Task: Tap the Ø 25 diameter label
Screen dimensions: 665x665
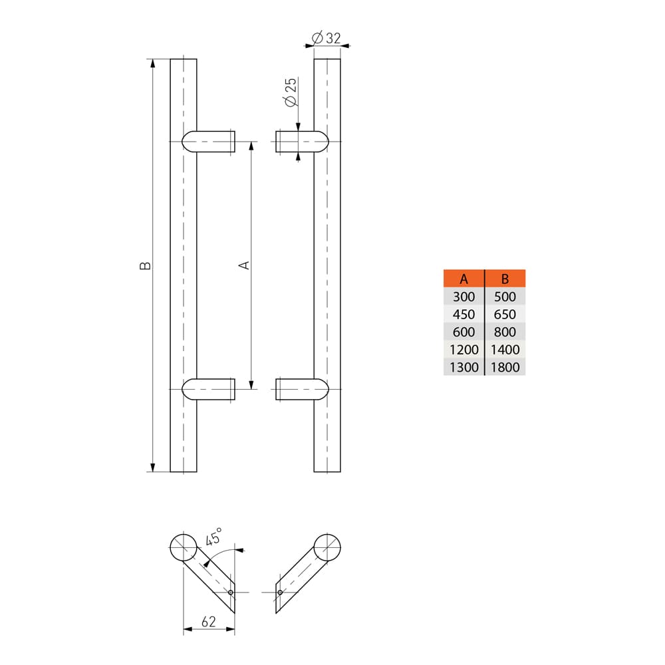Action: point(290,94)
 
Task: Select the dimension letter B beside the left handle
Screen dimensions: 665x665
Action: point(146,265)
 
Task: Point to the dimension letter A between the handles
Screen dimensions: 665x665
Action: point(244,265)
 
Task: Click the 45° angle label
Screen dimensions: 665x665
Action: point(214,536)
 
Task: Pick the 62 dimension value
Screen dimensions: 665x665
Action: point(208,622)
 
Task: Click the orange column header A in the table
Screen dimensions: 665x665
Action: point(464,279)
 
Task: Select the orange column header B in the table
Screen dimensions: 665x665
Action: point(505,279)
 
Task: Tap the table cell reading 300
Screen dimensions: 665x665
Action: point(464,297)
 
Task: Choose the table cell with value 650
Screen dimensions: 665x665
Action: point(505,314)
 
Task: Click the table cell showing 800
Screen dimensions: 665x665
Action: point(505,332)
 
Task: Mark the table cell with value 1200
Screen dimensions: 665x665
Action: point(464,349)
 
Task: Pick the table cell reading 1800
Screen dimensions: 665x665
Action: point(505,367)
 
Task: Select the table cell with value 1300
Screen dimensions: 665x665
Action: point(464,367)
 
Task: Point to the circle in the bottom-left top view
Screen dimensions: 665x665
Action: point(183,548)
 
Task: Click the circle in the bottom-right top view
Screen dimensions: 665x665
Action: point(327,547)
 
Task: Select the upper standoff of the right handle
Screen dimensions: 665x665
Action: point(301,142)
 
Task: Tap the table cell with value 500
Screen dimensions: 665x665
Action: point(505,297)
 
